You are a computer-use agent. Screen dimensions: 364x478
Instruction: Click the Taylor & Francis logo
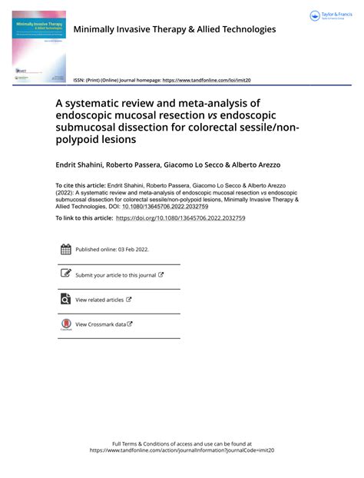pyautogui.click(x=330, y=16)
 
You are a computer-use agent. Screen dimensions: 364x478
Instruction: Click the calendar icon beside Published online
pyautogui.click(x=65, y=249)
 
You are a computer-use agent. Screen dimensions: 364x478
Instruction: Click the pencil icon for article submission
pyautogui.click(x=65, y=274)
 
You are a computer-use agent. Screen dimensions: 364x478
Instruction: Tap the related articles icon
pyautogui.click(x=65, y=299)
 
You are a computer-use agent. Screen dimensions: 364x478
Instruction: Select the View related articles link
pyautogui.click(x=100, y=300)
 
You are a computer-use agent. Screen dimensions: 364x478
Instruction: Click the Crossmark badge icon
pyautogui.click(x=65, y=324)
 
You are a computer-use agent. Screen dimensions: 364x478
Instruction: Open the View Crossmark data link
pyautogui.click(x=101, y=324)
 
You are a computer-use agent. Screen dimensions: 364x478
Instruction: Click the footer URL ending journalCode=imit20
pyautogui.click(x=181, y=451)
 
